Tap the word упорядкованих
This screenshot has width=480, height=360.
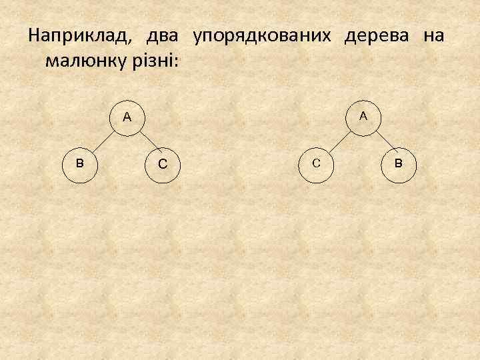pos(261,37)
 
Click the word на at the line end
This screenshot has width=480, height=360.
pos(433,35)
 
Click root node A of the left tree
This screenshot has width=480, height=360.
pos(127,117)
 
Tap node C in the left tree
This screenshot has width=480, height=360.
pos(162,163)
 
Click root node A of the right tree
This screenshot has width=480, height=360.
pos(363,116)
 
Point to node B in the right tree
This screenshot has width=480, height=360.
pos(398,162)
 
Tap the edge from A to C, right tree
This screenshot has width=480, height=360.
pos(340,139)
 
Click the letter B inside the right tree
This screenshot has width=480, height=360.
pos(398,162)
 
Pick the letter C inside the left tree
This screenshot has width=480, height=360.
pos(162,163)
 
